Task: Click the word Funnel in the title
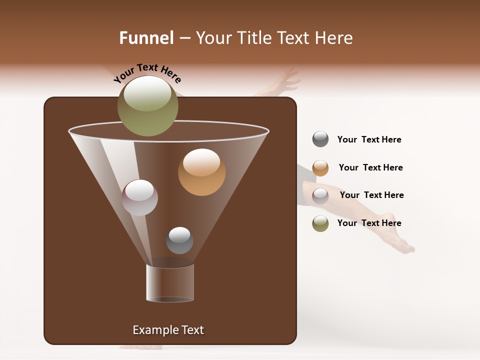pyautogui.click(x=146, y=38)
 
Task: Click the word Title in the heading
pyautogui.click(x=255, y=38)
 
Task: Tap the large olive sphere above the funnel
pyautogui.click(x=147, y=106)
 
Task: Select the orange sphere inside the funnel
pyautogui.click(x=201, y=172)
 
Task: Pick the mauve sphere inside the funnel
pyautogui.click(x=139, y=197)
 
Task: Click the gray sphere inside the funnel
pyautogui.click(x=179, y=240)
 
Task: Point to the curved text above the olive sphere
pyautogui.click(x=147, y=72)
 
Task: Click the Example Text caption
pyautogui.click(x=168, y=330)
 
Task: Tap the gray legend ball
pyautogui.click(x=320, y=139)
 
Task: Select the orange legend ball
pyautogui.click(x=320, y=168)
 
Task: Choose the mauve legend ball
pyautogui.click(x=320, y=195)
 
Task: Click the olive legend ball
pyautogui.click(x=320, y=223)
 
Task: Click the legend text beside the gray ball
pyautogui.click(x=369, y=139)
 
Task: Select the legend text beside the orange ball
pyautogui.click(x=370, y=167)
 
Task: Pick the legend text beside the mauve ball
pyautogui.click(x=371, y=195)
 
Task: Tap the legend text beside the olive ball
pyautogui.click(x=369, y=223)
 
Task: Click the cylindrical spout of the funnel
pyautogui.click(x=170, y=283)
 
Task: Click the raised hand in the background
pyautogui.click(x=285, y=81)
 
